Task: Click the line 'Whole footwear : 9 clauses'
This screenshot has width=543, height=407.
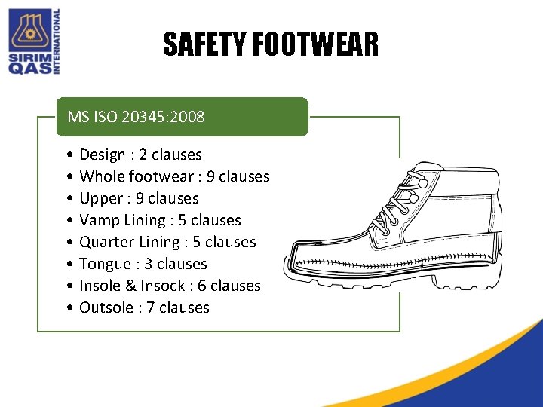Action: (174, 176)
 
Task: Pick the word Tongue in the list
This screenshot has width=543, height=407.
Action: (105, 264)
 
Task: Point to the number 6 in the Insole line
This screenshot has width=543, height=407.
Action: (202, 286)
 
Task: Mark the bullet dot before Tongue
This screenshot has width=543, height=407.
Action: (69, 264)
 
